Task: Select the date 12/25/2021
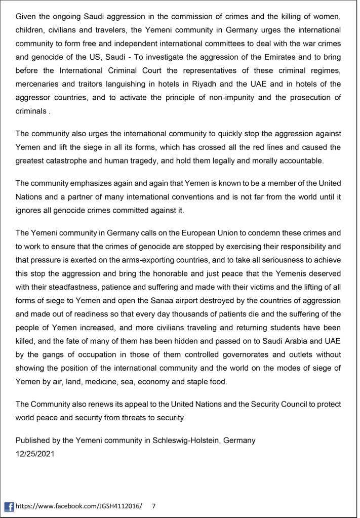click(35, 454)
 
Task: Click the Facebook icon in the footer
click(9, 506)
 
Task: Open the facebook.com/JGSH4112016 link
click(79, 506)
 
